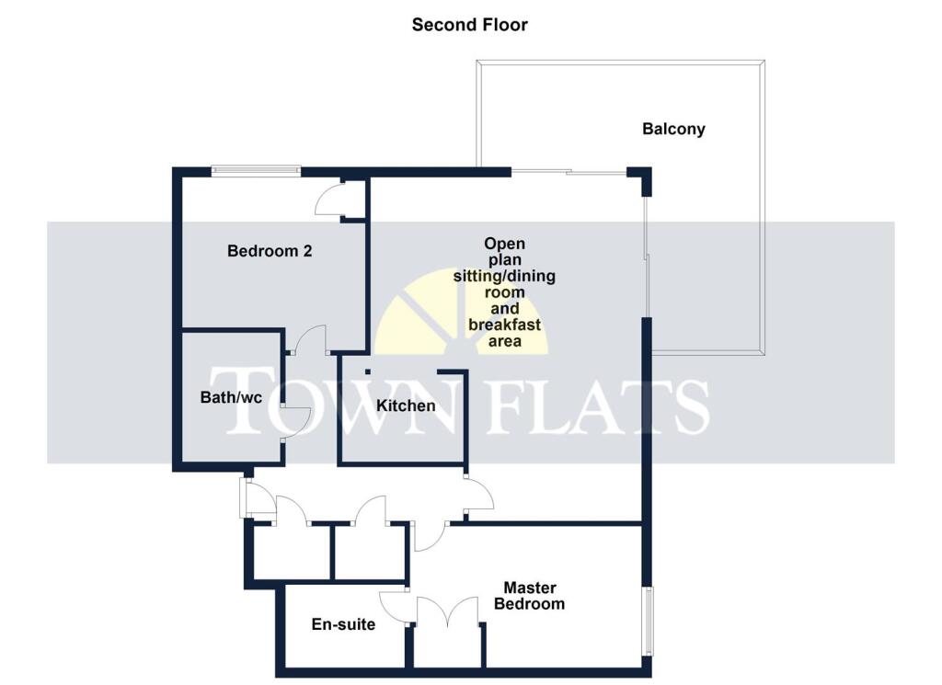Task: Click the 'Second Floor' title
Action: click(x=469, y=25)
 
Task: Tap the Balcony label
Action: click(x=673, y=129)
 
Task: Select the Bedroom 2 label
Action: click(x=270, y=250)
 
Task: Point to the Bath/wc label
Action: click(x=225, y=398)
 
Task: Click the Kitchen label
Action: click(x=406, y=405)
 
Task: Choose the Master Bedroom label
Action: click(x=529, y=596)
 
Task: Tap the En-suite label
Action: click(x=343, y=624)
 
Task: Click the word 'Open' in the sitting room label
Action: click(x=505, y=244)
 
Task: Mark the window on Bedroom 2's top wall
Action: click(x=255, y=170)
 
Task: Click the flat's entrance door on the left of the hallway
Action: click(x=256, y=499)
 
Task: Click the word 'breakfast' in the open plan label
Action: click(x=504, y=325)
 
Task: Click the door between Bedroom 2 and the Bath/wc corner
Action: click(x=310, y=338)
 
